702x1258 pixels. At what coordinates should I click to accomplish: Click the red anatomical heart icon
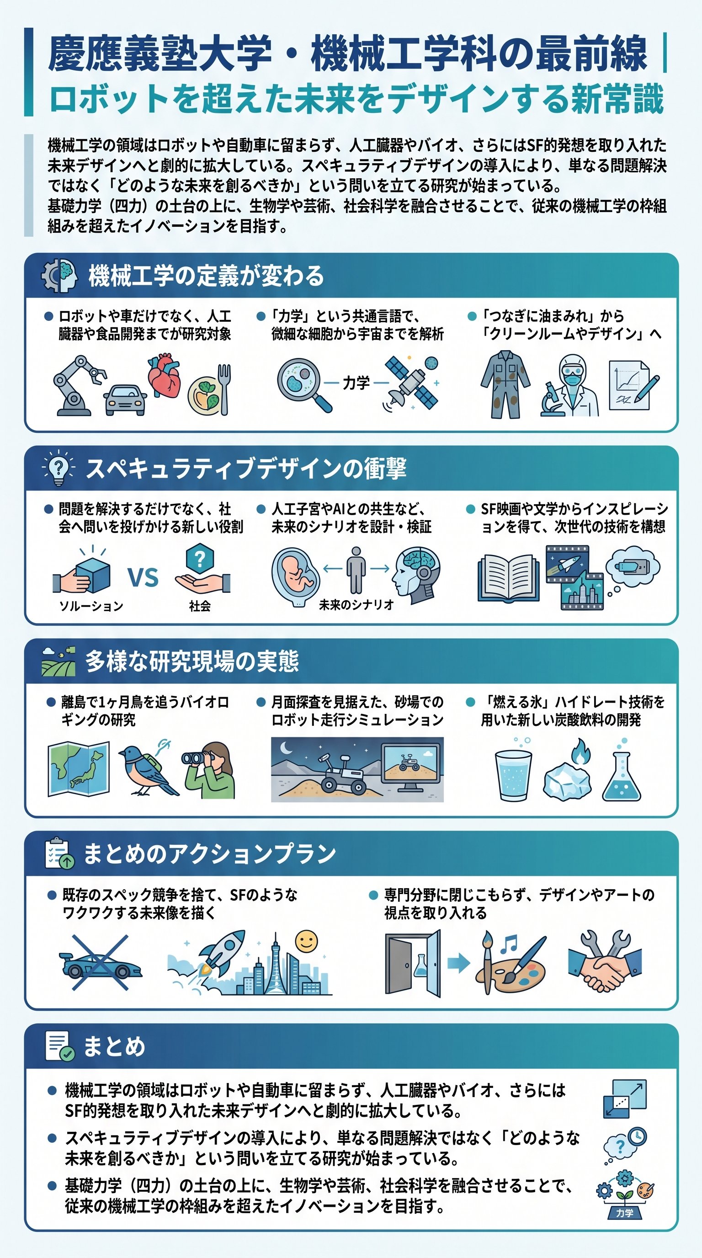pos(165,377)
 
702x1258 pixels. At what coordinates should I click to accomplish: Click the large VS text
pos(143,577)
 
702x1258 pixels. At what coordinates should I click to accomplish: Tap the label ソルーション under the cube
pos(91,606)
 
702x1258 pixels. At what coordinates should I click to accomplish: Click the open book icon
pos(508,577)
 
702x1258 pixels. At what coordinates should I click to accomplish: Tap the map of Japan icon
pos(79,769)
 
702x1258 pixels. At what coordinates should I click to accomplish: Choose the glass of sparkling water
pos(513,773)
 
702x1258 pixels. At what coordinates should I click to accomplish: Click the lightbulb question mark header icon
pos(58,468)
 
